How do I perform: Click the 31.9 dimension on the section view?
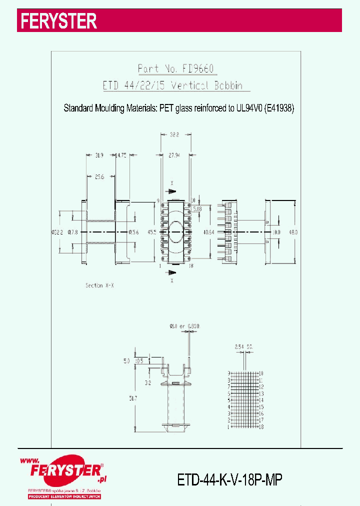coord(99,156)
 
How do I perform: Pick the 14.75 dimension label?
coord(121,156)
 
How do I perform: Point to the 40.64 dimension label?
coord(209,232)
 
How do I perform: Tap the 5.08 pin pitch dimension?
coord(197,209)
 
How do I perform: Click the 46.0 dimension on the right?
coord(293,232)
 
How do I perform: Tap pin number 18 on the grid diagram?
coord(261,427)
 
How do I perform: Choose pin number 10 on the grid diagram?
coord(261,373)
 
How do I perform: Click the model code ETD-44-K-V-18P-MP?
coord(230,480)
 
